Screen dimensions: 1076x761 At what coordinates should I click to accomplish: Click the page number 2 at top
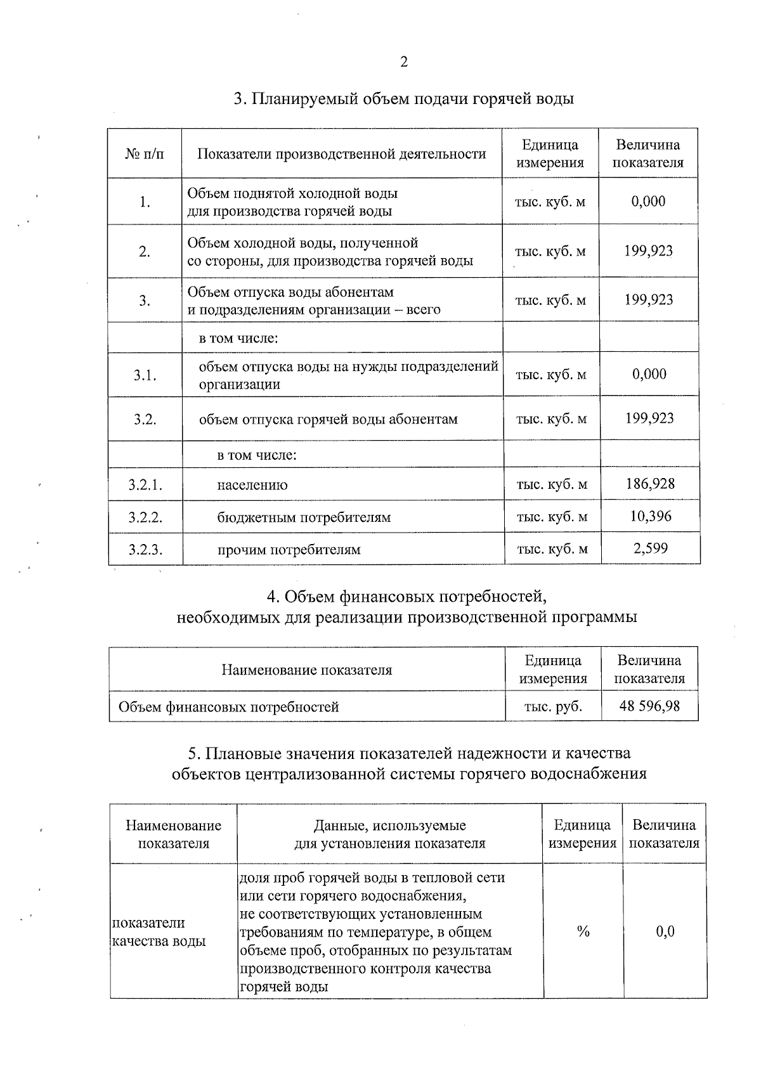point(403,62)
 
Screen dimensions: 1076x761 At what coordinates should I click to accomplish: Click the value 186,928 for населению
point(649,484)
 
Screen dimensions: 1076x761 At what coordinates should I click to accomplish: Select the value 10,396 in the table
point(650,516)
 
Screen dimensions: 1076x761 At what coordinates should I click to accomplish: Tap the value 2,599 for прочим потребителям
point(650,548)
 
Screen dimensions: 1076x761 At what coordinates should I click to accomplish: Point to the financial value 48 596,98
point(649,706)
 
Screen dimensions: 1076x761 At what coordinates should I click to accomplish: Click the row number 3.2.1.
point(145,486)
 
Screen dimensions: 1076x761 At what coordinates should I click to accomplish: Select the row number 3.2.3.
point(145,550)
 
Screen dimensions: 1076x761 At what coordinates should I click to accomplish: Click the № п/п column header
point(145,154)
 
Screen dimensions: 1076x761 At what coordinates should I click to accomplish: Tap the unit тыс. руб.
point(553,706)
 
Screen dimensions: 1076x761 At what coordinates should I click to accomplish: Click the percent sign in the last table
point(583,931)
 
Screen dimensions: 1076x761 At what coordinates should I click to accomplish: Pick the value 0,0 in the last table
point(665,931)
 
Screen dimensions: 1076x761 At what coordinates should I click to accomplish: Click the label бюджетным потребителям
point(304,517)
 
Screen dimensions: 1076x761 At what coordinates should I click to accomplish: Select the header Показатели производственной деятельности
point(342,154)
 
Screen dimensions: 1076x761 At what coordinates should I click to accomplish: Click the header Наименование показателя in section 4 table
point(306,670)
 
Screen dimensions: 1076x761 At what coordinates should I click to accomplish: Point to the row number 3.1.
point(145,375)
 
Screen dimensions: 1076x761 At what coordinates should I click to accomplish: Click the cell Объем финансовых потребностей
point(229,706)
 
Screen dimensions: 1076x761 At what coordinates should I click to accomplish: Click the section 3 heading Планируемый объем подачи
point(403,99)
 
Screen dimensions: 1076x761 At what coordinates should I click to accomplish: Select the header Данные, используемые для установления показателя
point(389,834)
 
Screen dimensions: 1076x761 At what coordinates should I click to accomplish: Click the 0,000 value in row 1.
point(648,202)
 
